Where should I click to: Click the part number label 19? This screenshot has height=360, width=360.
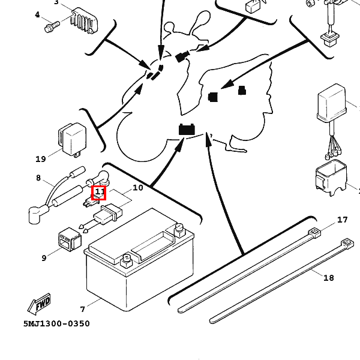(x=41, y=159)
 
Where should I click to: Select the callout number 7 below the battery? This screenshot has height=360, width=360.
(x=83, y=310)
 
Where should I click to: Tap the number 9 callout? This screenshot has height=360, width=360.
(x=44, y=258)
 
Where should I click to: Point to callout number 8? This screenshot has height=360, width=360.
(x=38, y=178)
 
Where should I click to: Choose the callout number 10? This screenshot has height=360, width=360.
(x=138, y=188)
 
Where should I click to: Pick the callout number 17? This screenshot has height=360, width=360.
(x=343, y=220)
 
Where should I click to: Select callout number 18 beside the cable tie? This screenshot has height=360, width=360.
(x=329, y=278)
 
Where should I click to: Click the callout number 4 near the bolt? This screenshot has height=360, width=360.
(x=37, y=15)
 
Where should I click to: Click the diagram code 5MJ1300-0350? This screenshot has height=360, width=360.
(x=56, y=324)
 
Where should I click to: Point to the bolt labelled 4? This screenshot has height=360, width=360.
(x=52, y=26)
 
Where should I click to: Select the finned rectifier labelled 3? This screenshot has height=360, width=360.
(x=84, y=20)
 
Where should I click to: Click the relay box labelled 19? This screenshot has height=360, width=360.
(x=72, y=140)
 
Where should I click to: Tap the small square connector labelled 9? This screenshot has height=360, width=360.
(x=70, y=239)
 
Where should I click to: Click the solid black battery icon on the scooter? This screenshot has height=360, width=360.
(x=187, y=129)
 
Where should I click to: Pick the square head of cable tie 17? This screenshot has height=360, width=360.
(x=315, y=233)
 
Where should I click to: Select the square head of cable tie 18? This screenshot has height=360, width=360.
(x=347, y=244)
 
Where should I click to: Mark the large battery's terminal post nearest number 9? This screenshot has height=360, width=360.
(x=126, y=261)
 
